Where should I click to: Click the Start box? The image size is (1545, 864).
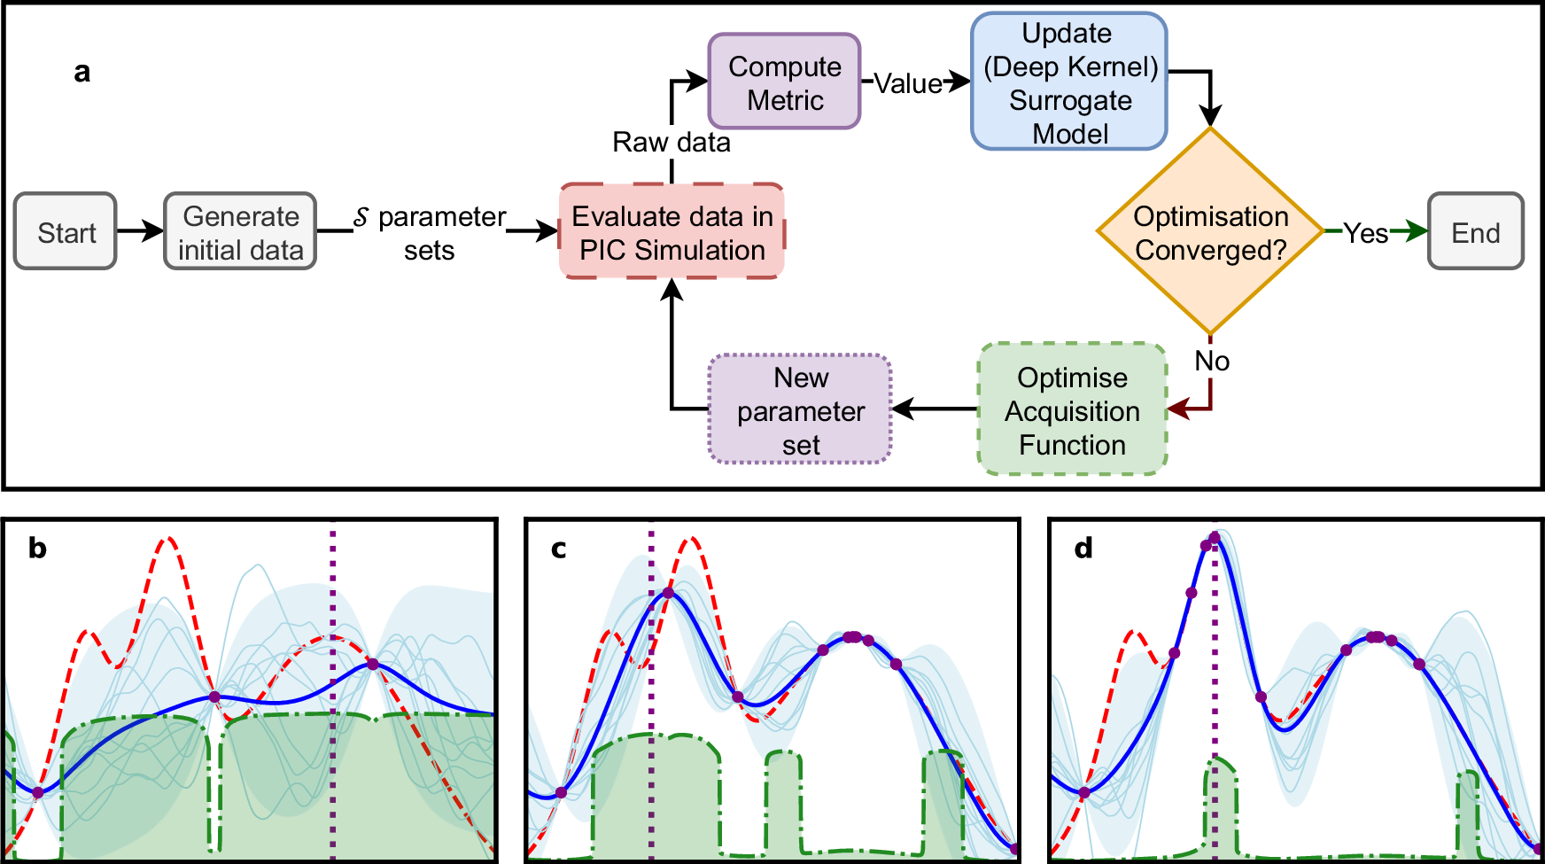[x=66, y=231]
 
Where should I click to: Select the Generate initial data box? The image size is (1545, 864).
[x=240, y=231]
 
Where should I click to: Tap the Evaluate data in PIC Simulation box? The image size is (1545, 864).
[x=672, y=232]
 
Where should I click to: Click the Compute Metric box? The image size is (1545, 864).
[x=784, y=82]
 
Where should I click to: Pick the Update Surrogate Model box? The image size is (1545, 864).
[x=1069, y=82]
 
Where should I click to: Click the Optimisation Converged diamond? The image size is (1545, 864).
[x=1210, y=232]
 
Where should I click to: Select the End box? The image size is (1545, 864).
[x=1475, y=232]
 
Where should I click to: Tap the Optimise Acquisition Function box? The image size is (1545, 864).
[x=1072, y=410]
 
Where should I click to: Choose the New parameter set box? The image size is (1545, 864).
[x=800, y=410]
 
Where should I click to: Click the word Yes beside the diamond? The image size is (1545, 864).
[x=1365, y=233]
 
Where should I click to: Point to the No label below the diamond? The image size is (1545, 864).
[x=1211, y=361]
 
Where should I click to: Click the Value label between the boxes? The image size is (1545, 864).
[x=908, y=83]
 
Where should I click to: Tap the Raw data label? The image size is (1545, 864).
[x=672, y=142]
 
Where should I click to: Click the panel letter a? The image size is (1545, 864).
[x=82, y=72]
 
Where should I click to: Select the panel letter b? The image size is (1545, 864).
[x=37, y=549]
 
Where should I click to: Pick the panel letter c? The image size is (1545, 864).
[x=558, y=549]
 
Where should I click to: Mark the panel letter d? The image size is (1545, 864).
[x=1083, y=549]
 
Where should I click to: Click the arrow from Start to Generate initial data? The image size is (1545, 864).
[x=140, y=231]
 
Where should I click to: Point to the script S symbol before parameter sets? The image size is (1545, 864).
[x=361, y=217]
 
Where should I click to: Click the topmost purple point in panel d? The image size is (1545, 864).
[x=1215, y=538]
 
